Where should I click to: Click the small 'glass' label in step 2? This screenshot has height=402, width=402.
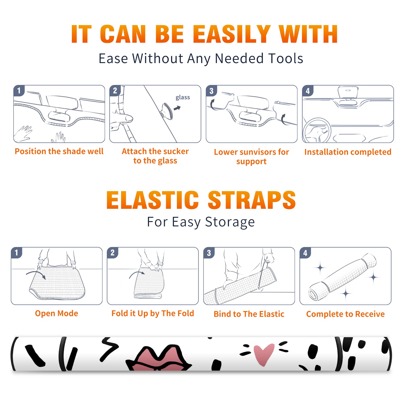pos(183,97)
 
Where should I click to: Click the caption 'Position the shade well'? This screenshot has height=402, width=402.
pos(59,151)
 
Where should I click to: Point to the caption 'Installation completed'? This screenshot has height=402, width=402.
pos(348,152)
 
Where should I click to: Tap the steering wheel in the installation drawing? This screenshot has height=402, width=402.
pos(317,130)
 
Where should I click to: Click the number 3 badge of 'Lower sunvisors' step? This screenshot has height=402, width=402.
pos(211,91)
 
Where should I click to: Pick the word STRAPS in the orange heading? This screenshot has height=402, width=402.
pos(252,200)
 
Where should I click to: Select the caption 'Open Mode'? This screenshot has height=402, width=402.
pos(57,313)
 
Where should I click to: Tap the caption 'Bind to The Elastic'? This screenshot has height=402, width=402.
pos(249,314)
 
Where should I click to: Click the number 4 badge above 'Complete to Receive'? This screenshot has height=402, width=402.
pos(305,253)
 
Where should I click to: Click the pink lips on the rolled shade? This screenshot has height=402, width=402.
pos(159,358)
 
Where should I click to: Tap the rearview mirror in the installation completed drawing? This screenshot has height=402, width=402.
pos(348,93)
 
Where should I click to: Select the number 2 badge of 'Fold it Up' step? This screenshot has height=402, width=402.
pos(113,253)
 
